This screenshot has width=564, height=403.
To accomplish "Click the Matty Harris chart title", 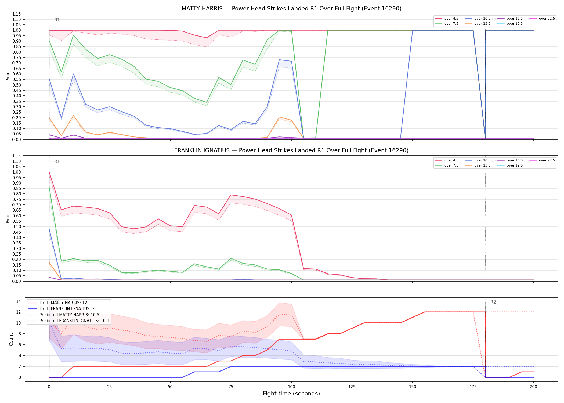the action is click(291, 9).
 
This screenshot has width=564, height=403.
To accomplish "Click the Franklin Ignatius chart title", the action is click(291, 150).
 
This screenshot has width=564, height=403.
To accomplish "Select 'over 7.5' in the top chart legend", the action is click(451, 24).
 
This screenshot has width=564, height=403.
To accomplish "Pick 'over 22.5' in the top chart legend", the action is click(547, 19).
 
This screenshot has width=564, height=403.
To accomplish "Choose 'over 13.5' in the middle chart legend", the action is click(482, 165).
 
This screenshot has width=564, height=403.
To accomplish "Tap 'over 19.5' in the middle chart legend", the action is click(515, 165).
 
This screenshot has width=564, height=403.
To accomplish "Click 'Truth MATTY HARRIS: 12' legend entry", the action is click(63, 303).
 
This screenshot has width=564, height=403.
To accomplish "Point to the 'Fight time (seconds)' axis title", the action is click(291, 394).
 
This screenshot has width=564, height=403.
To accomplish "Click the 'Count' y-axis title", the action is click(11, 339).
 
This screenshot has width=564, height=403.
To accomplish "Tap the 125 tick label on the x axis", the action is click(352, 387).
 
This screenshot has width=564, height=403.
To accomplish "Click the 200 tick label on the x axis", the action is click(533, 387).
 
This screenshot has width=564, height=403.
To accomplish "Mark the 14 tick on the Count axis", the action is click(19, 301).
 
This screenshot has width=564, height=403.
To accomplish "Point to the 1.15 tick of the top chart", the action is click(16, 14).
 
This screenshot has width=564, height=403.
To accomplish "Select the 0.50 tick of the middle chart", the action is click(16, 226).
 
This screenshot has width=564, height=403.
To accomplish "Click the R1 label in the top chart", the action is click(57, 20).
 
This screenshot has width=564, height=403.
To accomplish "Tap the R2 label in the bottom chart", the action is click(493, 302).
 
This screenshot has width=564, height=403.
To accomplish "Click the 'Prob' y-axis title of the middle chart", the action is click(8, 219).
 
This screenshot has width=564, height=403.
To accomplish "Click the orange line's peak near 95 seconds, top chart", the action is click(280, 117).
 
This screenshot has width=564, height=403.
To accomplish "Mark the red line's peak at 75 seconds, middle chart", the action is click(231, 195).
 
